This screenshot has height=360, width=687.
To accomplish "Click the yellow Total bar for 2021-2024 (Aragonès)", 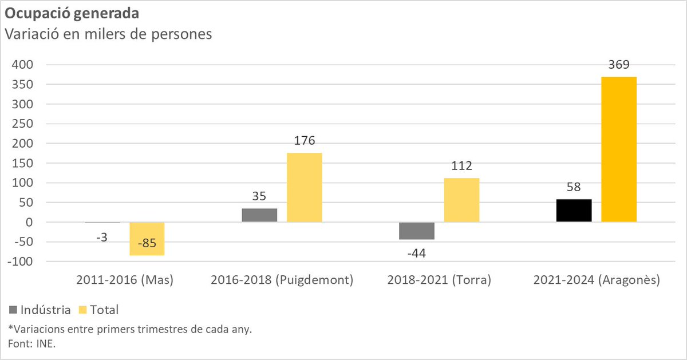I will [x=619, y=149].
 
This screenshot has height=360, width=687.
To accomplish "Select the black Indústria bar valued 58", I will [x=574, y=211].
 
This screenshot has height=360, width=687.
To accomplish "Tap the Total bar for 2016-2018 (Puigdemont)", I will [x=305, y=187].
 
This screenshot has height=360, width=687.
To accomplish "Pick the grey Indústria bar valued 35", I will [x=259, y=215].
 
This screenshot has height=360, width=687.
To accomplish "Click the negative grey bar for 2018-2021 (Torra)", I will [x=417, y=231].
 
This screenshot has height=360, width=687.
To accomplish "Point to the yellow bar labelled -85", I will [x=147, y=239].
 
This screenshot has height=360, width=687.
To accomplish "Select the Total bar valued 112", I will [x=461, y=200].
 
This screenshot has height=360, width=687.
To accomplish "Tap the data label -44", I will [x=417, y=252].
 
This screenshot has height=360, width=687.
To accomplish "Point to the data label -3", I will [x=102, y=236].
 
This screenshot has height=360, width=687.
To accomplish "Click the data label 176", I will [x=305, y=141].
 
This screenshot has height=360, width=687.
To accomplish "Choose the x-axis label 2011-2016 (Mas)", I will [x=124, y=280].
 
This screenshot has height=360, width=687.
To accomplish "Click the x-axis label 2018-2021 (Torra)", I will [x=439, y=280].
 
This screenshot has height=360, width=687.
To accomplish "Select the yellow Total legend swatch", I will [x=84, y=310].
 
